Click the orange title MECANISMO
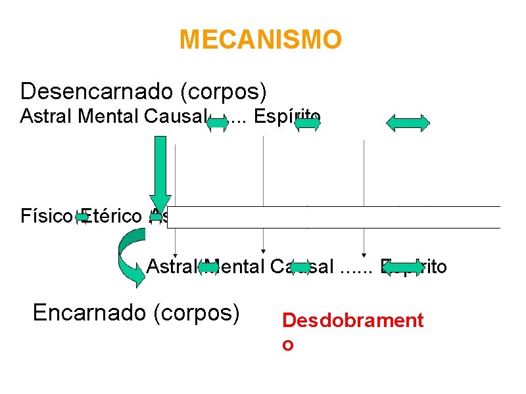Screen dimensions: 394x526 [x=260, y=40]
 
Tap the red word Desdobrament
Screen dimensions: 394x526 [x=352, y=320]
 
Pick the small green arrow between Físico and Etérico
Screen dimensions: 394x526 [x=82, y=216]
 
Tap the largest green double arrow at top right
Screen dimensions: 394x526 [x=407, y=123]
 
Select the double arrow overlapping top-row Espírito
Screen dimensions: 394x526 [x=307, y=122]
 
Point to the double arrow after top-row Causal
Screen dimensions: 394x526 [x=218, y=123]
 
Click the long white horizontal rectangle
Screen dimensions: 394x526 [x=333, y=217]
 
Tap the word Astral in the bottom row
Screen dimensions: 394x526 [x=169, y=267]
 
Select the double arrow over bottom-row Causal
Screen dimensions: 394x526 [x=300, y=267]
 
